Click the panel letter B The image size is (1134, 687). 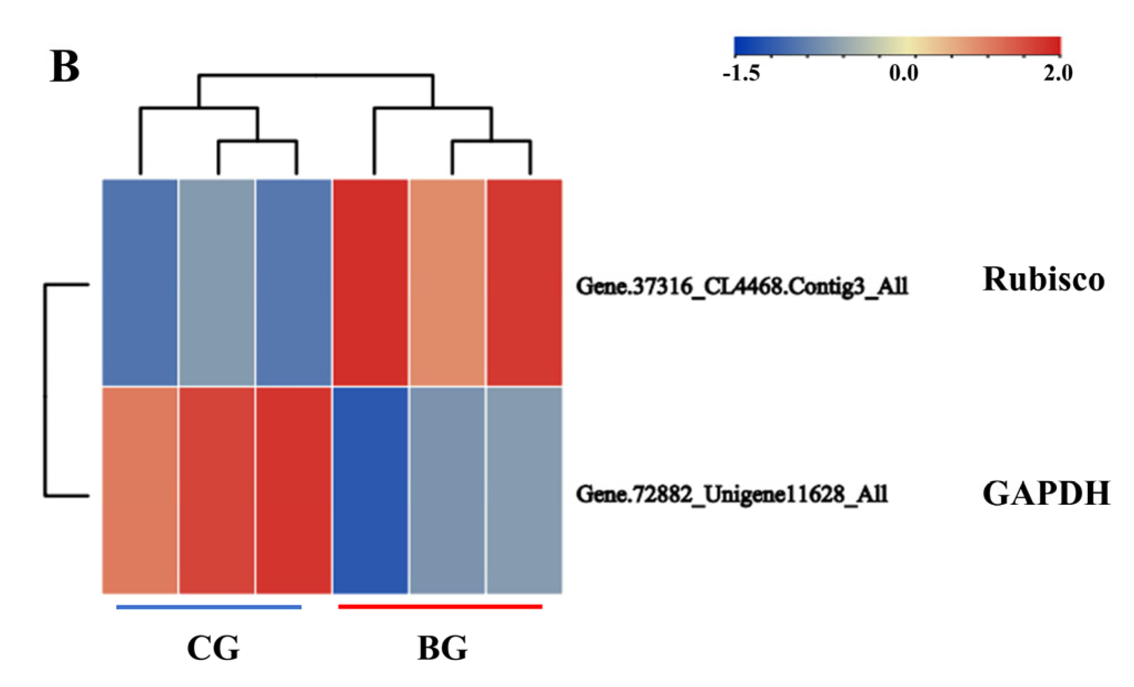[65, 67]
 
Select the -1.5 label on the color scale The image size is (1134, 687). [741, 73]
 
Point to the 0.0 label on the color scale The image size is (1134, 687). [903, 73]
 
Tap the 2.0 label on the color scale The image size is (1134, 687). [1058, 73]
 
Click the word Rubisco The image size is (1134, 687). [1043, 278]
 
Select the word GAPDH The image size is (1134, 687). [1046, 493]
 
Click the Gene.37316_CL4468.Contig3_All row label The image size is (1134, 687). [742, 286]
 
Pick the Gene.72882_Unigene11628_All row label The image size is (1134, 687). [732, 494]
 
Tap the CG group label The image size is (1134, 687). [213, 648]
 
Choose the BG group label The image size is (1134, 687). [442, 648]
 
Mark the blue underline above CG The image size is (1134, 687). [209, 607]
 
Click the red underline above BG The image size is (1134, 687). [440, 606]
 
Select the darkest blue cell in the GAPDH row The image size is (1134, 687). [370, 490]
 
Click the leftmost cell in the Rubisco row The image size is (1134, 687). [140, 282]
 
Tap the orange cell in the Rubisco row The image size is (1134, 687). [447, 282]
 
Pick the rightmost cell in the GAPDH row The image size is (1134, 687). [524, 490]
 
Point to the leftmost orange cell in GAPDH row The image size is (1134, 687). [140, 490]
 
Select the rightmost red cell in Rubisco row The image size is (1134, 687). [524, 282]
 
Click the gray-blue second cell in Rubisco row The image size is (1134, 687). [217, 282]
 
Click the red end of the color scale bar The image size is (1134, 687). [1053, 46]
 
